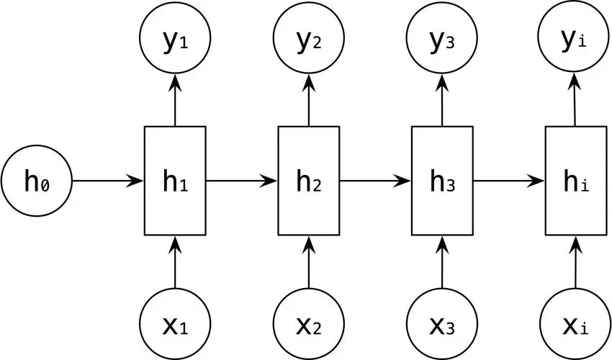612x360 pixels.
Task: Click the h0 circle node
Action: (x=37, y=181)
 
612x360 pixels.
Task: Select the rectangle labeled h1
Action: (x=175, y=181)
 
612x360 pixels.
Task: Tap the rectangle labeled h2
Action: (x=308, y=181)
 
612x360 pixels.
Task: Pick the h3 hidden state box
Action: (x=442, y=181)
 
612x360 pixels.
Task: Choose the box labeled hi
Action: (x=576, y=181)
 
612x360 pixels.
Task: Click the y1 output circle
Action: (x=175, y=38)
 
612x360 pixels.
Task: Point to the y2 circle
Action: (x=308, y=38)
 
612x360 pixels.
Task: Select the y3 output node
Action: (x=442, y=38)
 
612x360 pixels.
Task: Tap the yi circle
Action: (x=574, y=38)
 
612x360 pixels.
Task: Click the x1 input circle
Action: (x=175, y=324)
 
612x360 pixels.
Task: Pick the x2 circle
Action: (x=308, y=324)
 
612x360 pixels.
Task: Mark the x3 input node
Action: (x=442, y=324)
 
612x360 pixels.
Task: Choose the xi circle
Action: (x=576, y=324)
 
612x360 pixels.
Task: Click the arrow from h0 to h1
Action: (x=108, y=181)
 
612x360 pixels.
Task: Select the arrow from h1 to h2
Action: (x=242, y=181)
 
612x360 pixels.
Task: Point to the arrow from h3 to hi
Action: (x=509, y=181)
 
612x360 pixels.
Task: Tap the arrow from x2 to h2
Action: (x=308, y=262)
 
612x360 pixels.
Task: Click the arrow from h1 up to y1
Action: (x=175, y=100)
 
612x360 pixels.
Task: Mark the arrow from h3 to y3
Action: (x=442, y=100)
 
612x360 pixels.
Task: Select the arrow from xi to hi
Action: (x=576, y=262)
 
